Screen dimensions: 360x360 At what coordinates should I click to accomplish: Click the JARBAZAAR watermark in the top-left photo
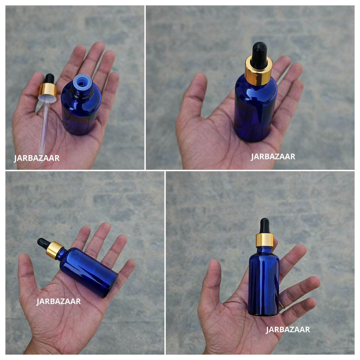[37, 158]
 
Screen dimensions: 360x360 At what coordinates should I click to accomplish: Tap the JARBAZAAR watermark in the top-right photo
[273, 157]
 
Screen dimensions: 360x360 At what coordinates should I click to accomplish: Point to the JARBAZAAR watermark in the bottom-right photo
[288, 329]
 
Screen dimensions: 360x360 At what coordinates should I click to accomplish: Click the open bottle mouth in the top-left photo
[82, 82]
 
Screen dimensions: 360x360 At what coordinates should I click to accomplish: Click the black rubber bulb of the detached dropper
[50, 79]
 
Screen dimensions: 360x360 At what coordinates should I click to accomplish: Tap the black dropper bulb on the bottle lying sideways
[43, 243]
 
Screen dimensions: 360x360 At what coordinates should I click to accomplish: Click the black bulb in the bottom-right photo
[265, 226]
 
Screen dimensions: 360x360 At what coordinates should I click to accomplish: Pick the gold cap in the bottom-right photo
[265, 240]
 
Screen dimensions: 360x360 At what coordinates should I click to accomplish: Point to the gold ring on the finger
[282, 305]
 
